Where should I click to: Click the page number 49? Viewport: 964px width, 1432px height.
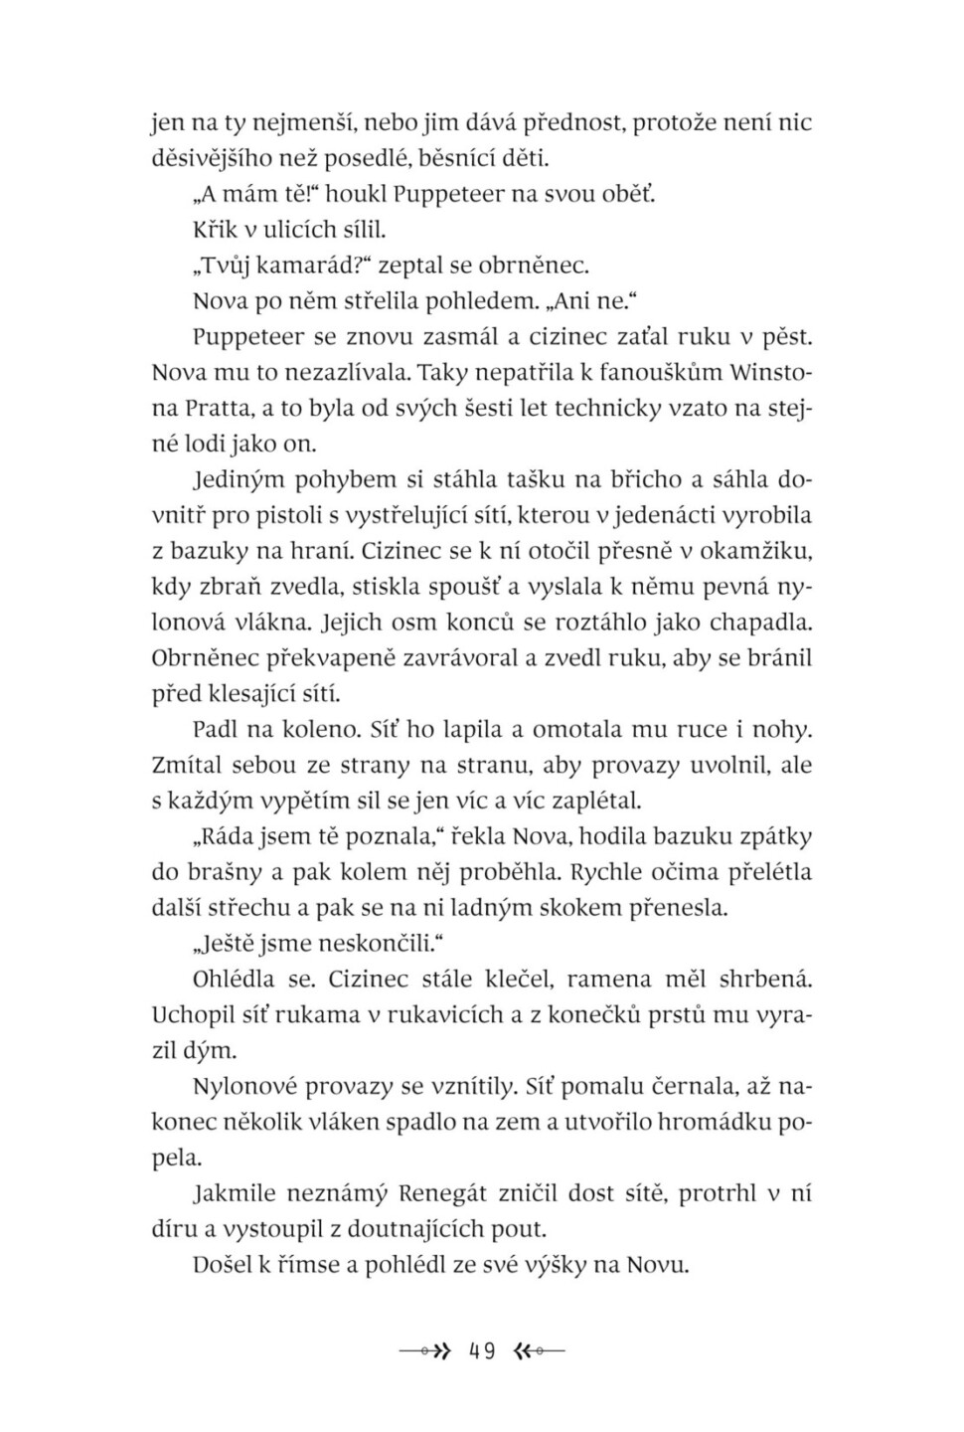click(x=482, y=1351)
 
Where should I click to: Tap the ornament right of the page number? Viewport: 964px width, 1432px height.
click(x=540, y=1351)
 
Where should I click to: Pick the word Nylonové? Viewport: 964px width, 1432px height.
click(x=241, y=1086)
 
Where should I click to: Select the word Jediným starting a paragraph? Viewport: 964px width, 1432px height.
click(x=239, y=479)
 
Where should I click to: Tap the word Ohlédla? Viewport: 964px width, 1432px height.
click(x=238, y=979)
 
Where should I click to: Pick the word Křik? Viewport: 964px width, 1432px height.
click(x=216, y=230)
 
